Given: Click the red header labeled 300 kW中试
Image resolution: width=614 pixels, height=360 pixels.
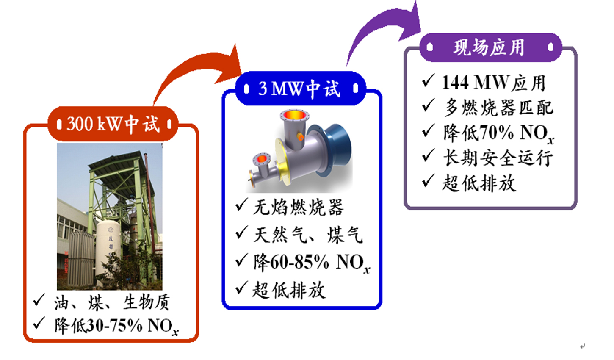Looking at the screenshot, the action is point(113,124).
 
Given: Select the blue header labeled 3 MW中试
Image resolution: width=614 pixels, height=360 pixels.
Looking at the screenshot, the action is point(301,88).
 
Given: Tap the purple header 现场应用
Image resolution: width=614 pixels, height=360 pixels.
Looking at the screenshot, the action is point(491,47).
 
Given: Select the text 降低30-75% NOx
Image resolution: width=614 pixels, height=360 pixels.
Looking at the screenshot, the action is point(116,326).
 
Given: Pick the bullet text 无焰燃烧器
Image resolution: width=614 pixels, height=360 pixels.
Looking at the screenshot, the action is point(298,207).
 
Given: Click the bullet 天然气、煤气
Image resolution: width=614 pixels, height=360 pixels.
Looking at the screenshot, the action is point(308,235).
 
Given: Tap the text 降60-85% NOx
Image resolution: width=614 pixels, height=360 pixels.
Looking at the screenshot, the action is point(312,263).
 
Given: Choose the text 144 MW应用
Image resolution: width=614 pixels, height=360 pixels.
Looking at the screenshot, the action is point(494,83).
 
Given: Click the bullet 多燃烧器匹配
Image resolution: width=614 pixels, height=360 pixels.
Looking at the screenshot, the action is point(498,108).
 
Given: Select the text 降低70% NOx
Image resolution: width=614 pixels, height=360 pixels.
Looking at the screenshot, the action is point(498,134).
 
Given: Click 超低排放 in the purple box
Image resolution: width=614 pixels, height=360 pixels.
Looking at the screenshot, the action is point(479,183).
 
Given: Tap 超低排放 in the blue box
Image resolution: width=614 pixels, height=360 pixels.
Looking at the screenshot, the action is point(289,290).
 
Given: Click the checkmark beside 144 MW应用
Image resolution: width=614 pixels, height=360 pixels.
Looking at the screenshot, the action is point(428,80).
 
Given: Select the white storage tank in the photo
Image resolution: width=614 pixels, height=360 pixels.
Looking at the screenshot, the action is point(108,251).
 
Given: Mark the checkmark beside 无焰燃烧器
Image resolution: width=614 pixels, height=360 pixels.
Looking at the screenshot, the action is point(242,205).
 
